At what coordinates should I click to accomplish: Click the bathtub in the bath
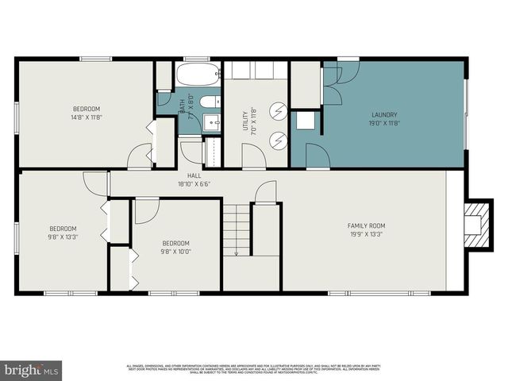click(198, 75)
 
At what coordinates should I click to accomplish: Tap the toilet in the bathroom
click(207, 102)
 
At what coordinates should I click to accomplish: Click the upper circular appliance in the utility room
click(278, 111)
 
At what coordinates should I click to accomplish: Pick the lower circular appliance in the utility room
click(278, 140)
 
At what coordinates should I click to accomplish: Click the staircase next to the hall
click(237, 229)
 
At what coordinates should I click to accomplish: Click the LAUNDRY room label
click(384, 114)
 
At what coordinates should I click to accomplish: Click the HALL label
click(194, 175)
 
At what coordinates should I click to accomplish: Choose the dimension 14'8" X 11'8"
click(87, 117)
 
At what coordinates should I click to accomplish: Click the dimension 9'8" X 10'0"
click(176, 252)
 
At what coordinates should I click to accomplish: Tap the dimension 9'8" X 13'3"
click(63, 237)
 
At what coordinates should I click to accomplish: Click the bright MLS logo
click(32, 370)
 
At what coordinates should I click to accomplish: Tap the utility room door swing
click(254, 156)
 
